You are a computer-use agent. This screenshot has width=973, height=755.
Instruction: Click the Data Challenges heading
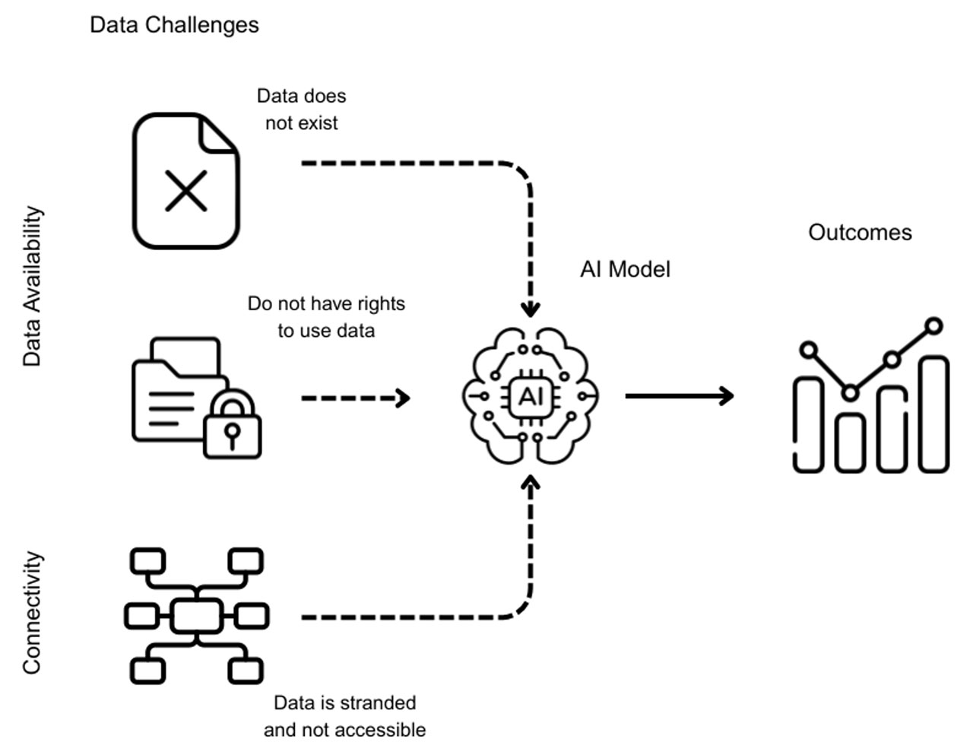[174, 24]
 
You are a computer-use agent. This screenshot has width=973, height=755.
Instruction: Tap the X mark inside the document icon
[186, 190]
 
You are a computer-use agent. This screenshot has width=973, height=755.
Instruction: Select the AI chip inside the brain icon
[530, 396]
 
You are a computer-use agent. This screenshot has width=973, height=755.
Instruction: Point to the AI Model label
[625, 269]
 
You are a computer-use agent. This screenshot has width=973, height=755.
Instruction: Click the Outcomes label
[860, 232]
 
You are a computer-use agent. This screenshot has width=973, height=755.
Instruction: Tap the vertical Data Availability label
[32, 286]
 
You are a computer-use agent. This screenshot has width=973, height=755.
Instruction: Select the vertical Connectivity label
[32, 613]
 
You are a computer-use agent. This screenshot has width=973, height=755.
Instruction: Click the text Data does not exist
[302, 109]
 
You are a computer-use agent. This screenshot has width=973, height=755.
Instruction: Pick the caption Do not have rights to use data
[326, 317]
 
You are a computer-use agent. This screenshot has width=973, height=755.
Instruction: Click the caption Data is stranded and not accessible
[344, 716]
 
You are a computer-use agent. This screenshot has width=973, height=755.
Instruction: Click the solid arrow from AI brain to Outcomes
[679, 395]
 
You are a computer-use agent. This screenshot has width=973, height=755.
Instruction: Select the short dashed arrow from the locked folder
[355, 398]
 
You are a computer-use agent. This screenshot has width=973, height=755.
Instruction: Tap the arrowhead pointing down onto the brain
[531, 309]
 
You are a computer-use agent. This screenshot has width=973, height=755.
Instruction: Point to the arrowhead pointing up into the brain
[531, 484]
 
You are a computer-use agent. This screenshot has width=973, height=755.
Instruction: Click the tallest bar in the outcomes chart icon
[933, 414]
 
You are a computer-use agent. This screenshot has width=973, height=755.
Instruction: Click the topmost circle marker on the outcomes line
[933, 326]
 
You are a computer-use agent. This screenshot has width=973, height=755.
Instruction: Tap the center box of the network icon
[197, 616]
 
